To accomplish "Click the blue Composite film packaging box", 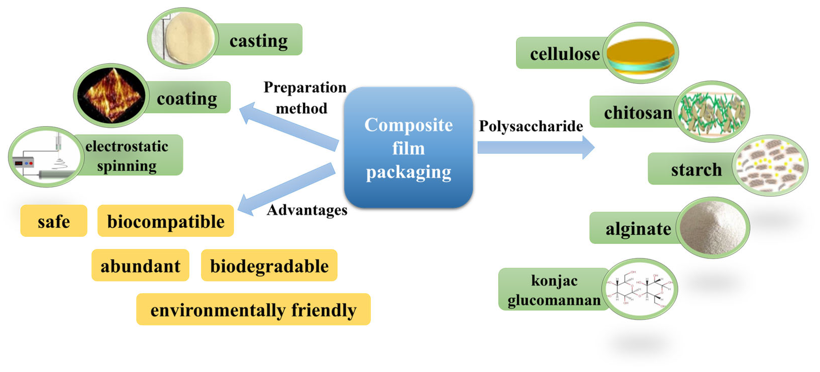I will [x=408, y=148].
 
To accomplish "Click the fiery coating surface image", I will [x=111, y=96].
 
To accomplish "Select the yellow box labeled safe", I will [x=54, y=221].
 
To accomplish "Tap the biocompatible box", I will [x=165, y=221].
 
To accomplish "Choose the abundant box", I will [x=140, y=265].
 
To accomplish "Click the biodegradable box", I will [x=269, y=265].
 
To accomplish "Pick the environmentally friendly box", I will [x=253, y=310].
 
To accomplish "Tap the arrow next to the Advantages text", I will [x=286, y=190].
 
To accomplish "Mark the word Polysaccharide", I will [x=531, y=126].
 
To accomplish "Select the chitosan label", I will [x=638, y=112].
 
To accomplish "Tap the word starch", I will [x=696, y=169].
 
